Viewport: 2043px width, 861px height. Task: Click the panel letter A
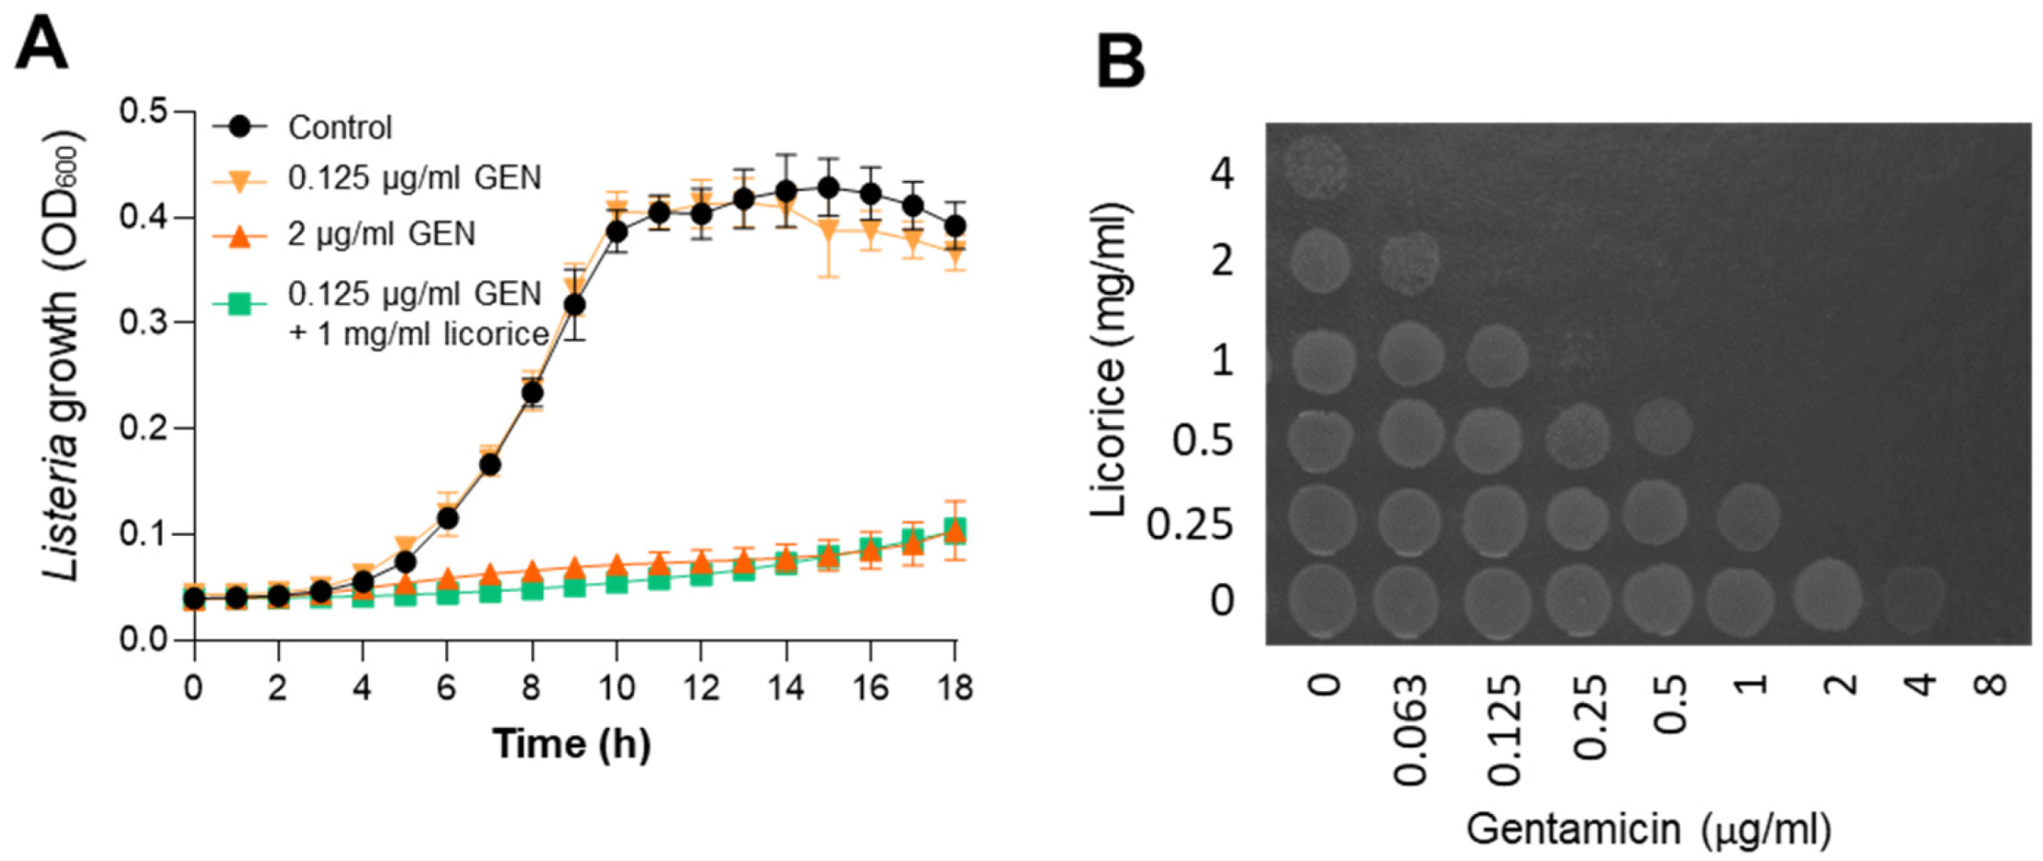pos(42,45)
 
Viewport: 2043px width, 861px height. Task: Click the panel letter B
pos(1121,63)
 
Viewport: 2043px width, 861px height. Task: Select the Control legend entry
pos(339,127)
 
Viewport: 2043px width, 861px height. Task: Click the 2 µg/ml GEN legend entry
pos(380,234)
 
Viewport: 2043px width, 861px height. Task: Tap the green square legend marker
pos(240,303)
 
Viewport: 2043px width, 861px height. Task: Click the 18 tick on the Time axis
pos(955,687)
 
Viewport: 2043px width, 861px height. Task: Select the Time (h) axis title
pos(571,744)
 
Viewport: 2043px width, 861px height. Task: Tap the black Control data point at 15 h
pos(828,188)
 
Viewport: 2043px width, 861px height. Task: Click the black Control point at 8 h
pos(532,393)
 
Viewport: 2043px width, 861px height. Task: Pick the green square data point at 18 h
pos(955,528)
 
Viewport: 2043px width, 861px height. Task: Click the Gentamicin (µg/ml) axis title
pos(1648,828)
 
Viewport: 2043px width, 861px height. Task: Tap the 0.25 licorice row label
pos(1189,524)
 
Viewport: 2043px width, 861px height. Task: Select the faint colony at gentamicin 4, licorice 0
pos(1915,597)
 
